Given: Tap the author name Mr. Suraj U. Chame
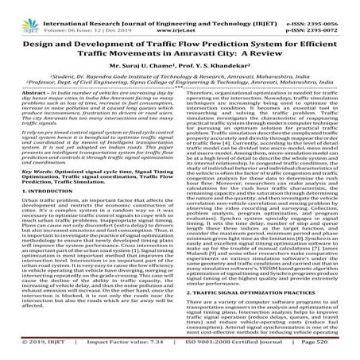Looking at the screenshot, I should pos(139,64).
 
